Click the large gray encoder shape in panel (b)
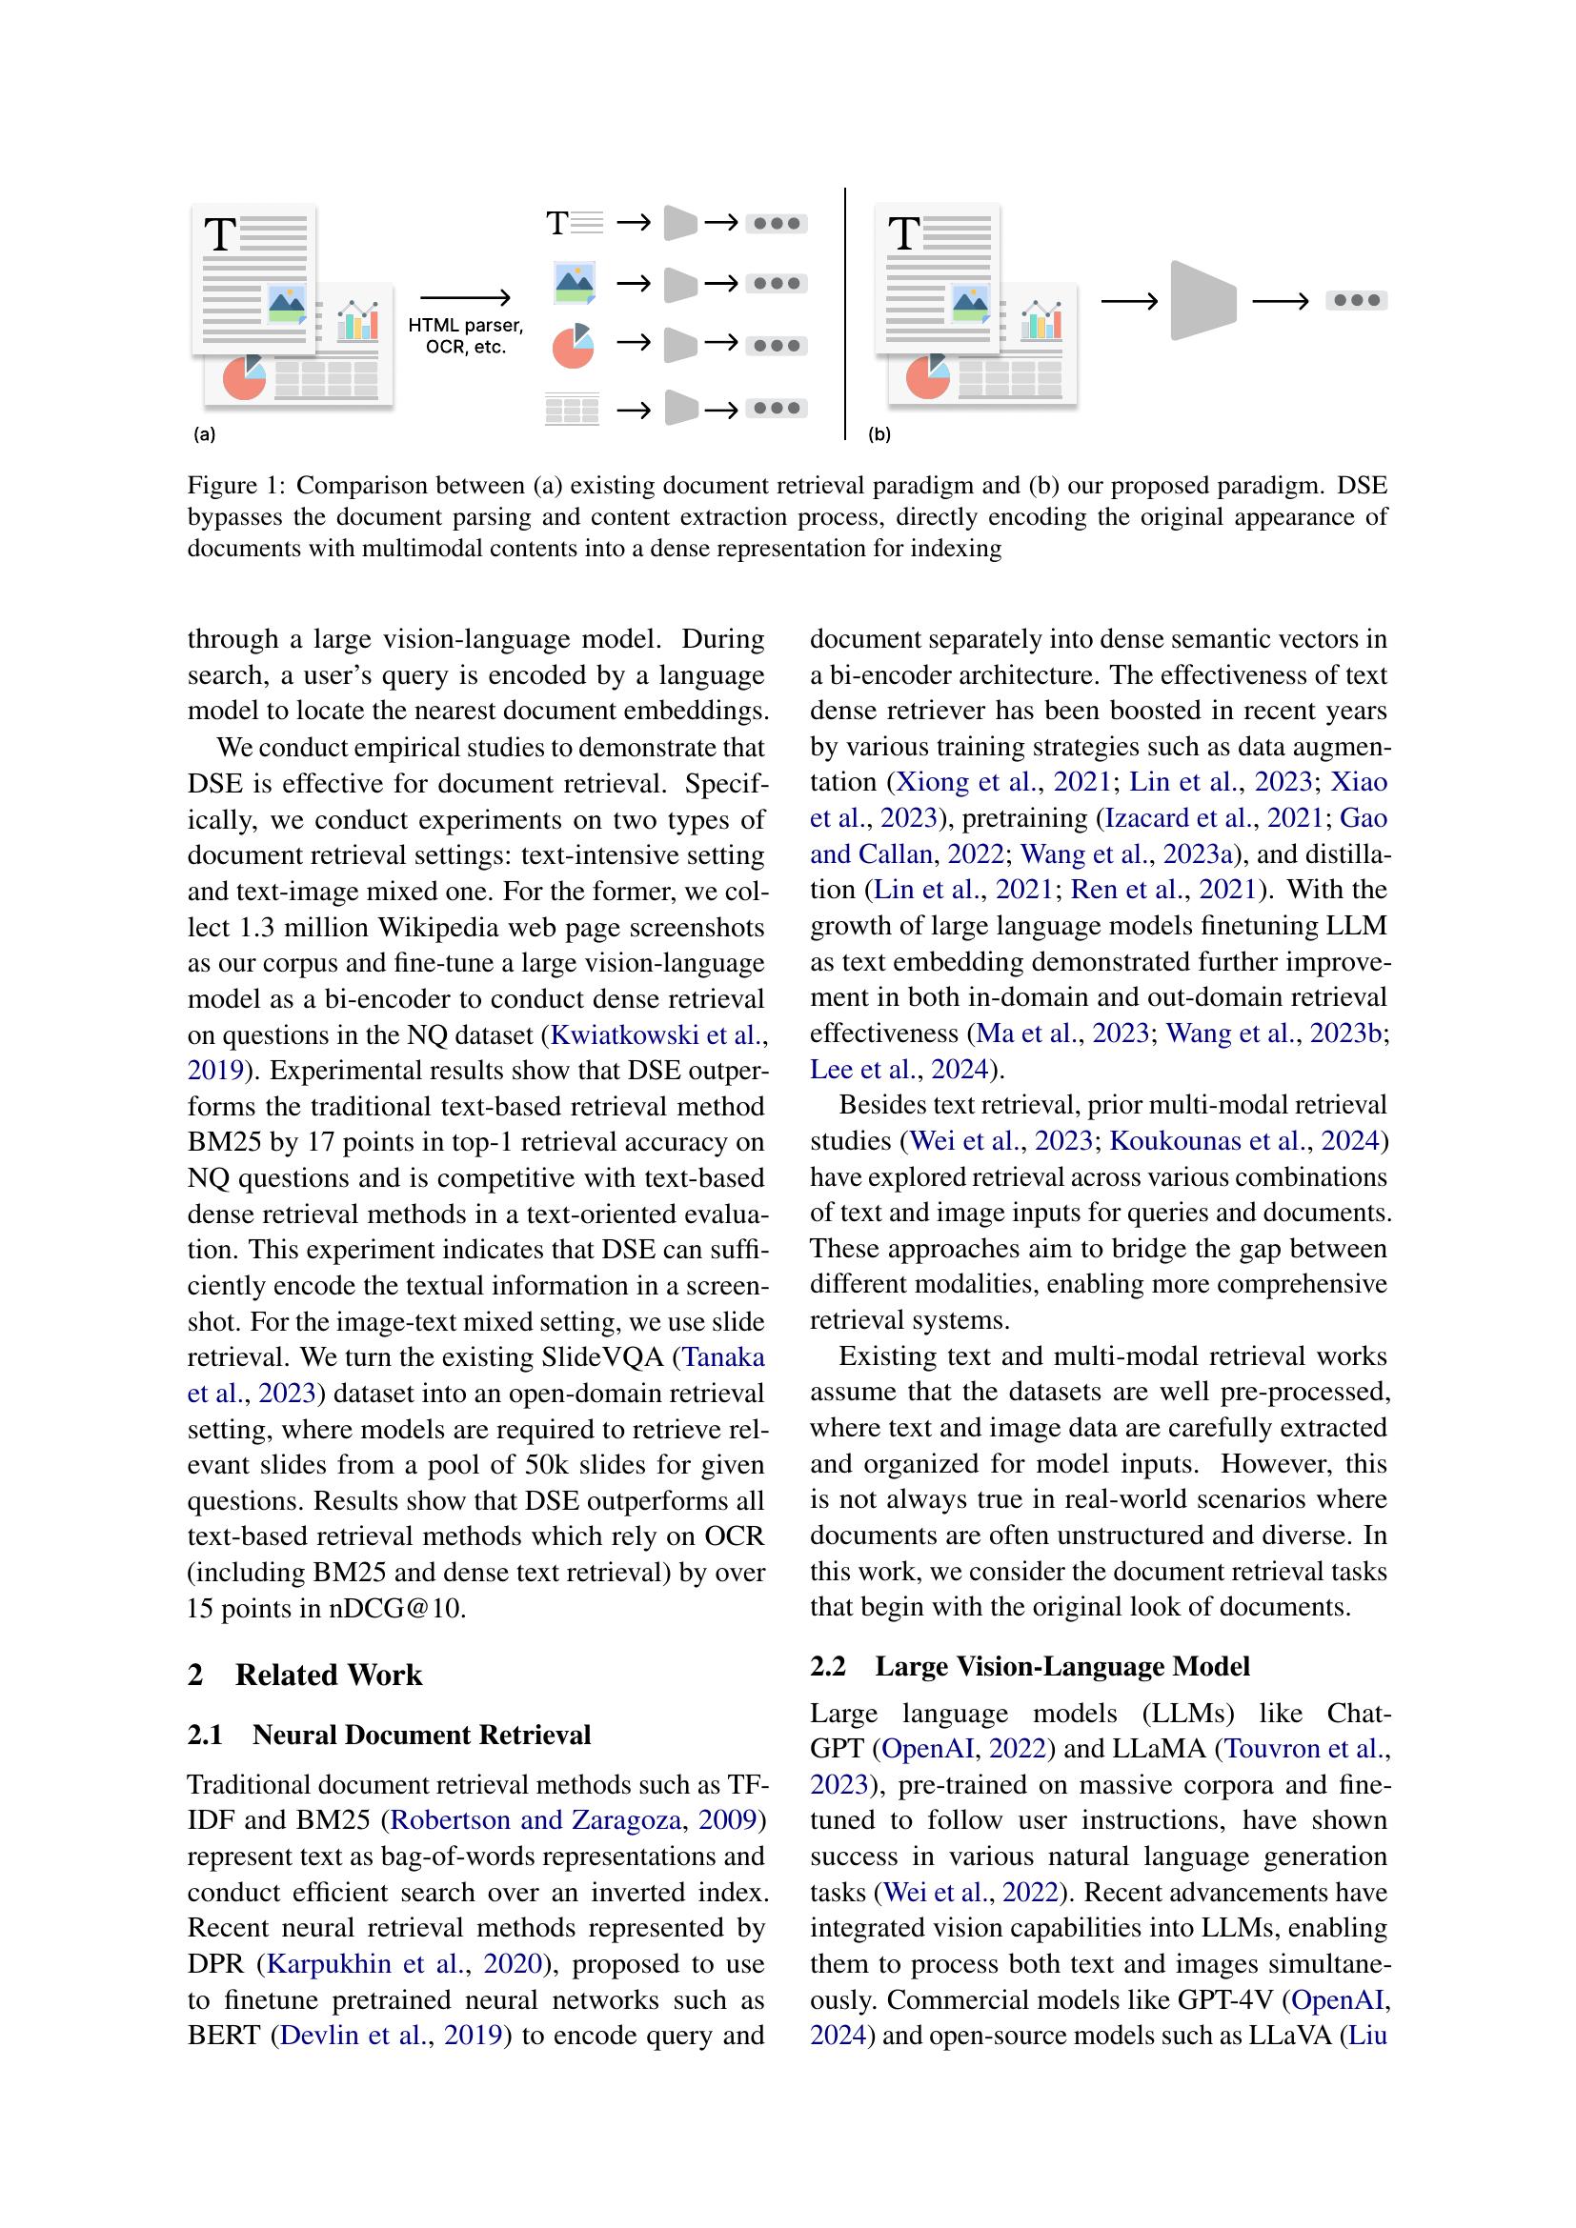click(1202, 301)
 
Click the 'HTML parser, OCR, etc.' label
click(465, 336)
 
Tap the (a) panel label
click(204, 434)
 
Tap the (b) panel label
click(879, 434)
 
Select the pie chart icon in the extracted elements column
click(573, 346)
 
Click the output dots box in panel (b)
click(1356, 301)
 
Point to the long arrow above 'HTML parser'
click(465, 298)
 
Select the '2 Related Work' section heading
click(305, 1675)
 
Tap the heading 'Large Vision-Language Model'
click(1061, 1666)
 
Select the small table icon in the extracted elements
click(573, 409)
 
